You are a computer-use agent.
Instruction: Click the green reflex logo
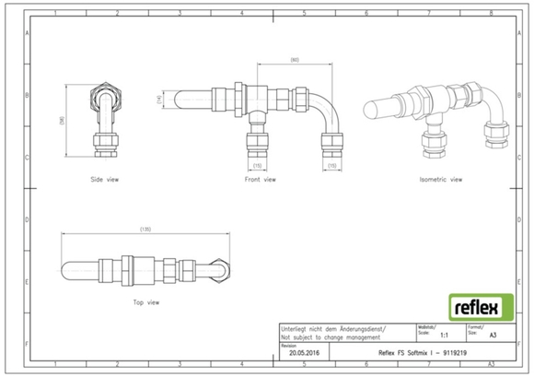pos(475,304)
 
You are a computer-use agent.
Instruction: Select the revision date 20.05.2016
pos(305,352)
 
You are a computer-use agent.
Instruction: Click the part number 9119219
pos(460,352)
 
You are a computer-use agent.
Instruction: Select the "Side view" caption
pos(104,179)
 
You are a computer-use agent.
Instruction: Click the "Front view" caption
pos(261,179)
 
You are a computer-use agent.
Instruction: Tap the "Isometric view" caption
pos(440,179)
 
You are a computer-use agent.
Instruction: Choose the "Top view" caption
pos(147,301)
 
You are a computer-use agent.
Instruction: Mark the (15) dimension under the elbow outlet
pos(331,165)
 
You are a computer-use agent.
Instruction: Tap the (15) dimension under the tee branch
pos(259,165)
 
